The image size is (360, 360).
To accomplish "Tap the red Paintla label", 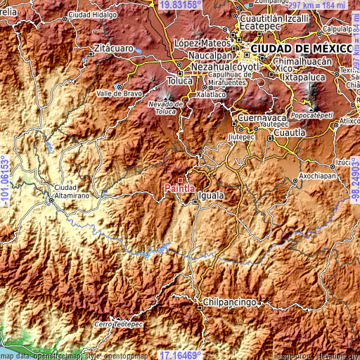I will coord(179,188).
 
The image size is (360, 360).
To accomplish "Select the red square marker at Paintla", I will coord(188,180).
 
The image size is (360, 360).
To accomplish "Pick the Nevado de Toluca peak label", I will coord(165,107).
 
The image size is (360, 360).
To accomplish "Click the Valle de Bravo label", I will coord(120,93).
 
